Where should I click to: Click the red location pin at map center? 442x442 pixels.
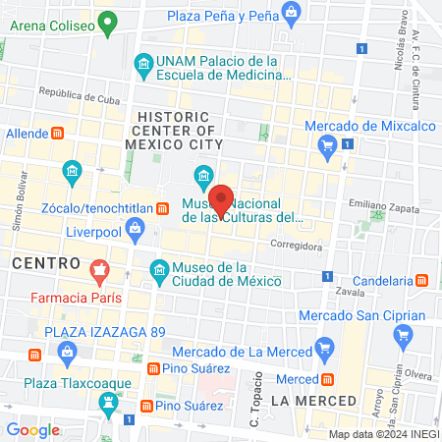[223, 199]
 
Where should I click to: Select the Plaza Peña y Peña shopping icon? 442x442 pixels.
[291, 11]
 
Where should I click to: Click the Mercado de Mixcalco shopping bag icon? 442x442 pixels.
[328, 147]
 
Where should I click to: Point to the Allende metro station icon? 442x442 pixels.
[58, 133]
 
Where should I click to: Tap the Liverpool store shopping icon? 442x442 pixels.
[136, 231]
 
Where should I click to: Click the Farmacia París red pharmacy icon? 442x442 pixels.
[98, 268]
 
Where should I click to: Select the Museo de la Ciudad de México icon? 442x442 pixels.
[158, 269]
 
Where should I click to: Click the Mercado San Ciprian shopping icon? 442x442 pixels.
[402, 335]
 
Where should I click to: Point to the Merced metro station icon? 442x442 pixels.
[330, 379]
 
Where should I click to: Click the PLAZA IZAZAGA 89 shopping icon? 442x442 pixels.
[37, 352]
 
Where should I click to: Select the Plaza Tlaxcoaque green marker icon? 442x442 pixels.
[108, 401]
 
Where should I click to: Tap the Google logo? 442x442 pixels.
[33, 429]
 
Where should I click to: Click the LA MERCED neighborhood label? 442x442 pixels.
[307, 401]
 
